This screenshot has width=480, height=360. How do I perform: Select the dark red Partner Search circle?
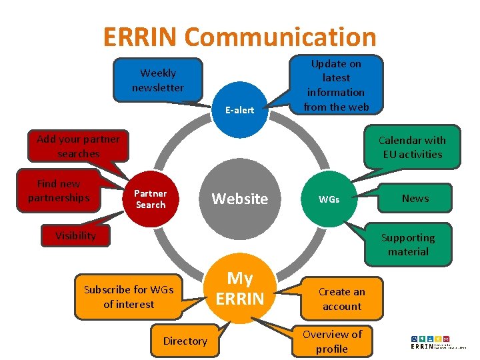point(151,199)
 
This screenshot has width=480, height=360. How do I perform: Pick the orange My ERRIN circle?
point(240,289)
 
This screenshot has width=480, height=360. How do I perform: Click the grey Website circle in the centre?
point(240,199)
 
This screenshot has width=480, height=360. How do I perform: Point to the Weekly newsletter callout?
point(158,81)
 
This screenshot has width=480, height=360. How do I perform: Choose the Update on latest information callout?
point(336,85)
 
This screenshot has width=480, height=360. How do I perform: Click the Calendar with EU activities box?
point(412,147)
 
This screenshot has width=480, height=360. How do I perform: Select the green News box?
point(415,198)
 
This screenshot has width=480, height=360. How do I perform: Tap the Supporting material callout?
point(408,245)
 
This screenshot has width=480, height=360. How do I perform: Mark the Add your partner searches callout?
point(78,146)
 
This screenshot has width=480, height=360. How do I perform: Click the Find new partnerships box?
point(59,191)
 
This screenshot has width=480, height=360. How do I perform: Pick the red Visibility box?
point(75,235)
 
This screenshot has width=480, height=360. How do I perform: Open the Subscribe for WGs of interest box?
point(128,297)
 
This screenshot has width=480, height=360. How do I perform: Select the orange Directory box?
point(185,341)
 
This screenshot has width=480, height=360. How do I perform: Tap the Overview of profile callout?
point(332,341)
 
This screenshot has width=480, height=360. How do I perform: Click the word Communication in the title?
point(281,37)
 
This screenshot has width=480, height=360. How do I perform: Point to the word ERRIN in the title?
point(140,37)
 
